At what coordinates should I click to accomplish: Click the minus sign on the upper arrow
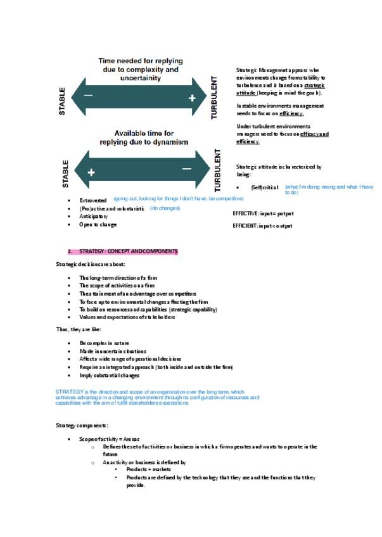tap(89, 96)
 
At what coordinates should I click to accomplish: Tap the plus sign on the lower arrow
tap(91, 171)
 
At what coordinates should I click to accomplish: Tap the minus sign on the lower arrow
tap(186, 168)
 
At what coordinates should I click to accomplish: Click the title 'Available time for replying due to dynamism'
tap(143, 138)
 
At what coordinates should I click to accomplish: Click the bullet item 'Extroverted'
tap(92, 200)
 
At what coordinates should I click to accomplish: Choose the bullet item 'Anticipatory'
tap(93, 216)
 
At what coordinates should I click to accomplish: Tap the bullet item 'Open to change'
tap(98, 224)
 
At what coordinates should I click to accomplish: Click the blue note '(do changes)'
tap(165, 208)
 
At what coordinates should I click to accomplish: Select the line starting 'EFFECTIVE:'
tap(263, 213)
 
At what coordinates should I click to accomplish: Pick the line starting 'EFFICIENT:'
tap(262, 226)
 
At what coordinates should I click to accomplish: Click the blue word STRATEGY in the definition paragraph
tap(68, 392)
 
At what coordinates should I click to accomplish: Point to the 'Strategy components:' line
tap(82, 426)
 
